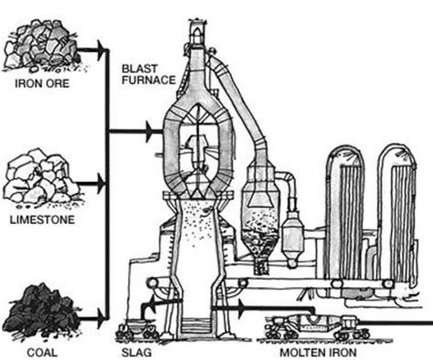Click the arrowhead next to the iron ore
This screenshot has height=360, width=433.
click(x=94, y=46)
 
